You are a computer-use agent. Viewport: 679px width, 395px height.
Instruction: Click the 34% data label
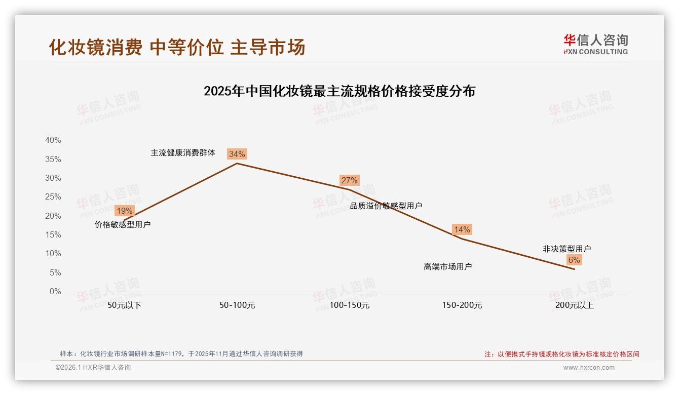pos(237,154)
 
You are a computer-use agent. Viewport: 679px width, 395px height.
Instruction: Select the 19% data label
pos(124,211)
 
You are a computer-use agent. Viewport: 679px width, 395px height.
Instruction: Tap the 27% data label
pos(349,180)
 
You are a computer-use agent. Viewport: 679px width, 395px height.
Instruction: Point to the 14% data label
pos(462,229)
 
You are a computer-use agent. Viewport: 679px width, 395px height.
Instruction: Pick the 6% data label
pos(574,260)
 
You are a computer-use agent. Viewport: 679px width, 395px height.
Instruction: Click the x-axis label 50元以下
pos(125,305)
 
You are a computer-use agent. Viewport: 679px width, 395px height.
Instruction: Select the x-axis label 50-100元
pos(237,305)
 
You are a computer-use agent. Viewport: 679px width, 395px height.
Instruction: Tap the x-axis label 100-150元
pos(350,305)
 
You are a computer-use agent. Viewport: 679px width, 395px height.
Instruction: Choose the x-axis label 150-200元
pos(462,305)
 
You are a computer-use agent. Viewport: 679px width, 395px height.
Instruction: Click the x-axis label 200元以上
pos(575,305)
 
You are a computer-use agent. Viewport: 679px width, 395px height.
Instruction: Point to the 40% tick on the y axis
pos(53,140)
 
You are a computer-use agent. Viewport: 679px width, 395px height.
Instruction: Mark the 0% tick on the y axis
pos(55,292)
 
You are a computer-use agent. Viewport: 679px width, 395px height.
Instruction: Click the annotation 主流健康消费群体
pos(183,152)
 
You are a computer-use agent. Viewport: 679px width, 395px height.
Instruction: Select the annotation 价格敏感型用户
pos(123,224)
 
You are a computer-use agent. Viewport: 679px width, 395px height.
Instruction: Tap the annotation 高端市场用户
pos(448,266)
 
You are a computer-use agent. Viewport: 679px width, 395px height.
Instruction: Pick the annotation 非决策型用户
pos(567,249)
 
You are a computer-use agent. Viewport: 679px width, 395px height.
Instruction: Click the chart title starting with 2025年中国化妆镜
pos(339,91)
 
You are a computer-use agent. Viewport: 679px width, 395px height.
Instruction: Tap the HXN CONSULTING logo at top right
pos(595,45)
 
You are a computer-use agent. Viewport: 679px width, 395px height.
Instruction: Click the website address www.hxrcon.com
pos(589,368)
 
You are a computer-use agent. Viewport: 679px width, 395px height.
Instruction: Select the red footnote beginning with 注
pos(562,354)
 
